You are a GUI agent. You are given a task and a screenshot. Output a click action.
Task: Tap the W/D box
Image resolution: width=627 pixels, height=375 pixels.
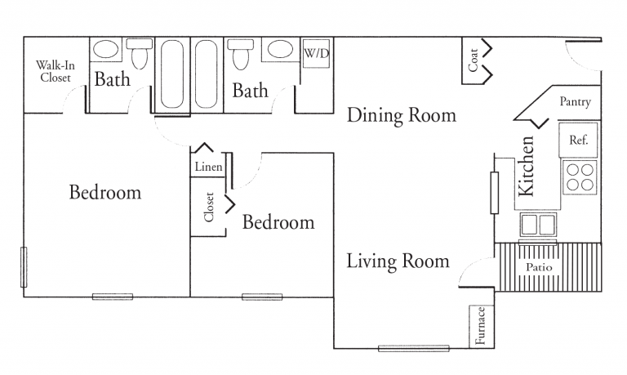[x=316, y=53]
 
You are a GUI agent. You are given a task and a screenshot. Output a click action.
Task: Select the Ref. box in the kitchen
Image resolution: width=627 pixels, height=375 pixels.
[x=578, y=140]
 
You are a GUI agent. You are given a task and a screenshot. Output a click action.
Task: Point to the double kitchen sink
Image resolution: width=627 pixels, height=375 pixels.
[x=538, y=223]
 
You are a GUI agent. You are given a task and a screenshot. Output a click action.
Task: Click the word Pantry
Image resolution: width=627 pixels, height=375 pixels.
[x=575, y=102]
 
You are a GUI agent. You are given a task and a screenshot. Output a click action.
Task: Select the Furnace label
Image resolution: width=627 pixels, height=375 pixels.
[x=482, y=326]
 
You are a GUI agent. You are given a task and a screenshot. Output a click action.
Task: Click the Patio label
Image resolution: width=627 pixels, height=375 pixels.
[x=538, y=266]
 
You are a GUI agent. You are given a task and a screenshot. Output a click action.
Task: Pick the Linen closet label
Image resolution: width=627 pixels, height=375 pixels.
[x=207, y=167]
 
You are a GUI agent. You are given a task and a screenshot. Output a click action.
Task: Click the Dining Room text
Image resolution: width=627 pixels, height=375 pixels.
[x=401, y=115]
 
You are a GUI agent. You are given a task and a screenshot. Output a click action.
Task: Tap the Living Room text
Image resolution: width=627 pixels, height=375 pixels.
[x=398, y=261]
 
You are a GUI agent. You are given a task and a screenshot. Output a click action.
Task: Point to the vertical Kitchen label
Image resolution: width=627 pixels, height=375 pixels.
[x=527, y=166]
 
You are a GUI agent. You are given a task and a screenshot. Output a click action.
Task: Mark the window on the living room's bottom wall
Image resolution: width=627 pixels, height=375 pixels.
[x=413, y=349]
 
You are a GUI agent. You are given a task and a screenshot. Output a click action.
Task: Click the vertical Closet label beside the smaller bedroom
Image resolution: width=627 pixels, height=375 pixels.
[x=209, y=207]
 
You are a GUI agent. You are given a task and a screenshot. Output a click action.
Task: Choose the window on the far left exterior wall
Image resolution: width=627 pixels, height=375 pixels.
[x=24, y=269]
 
